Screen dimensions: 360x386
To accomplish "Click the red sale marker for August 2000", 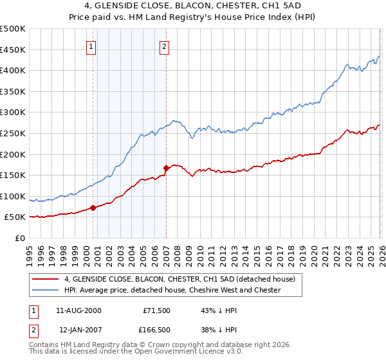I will coord(93,208).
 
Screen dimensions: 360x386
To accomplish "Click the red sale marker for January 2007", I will coord(166,168).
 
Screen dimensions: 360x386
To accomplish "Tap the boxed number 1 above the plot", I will coord(91,46).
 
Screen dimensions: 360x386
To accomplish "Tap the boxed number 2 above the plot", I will coord(165,46).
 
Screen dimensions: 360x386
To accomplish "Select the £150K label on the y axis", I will coord(13,175).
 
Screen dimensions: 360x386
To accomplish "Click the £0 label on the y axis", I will coord(20,238).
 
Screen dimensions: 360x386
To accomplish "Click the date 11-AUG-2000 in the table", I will coord(78,310).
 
